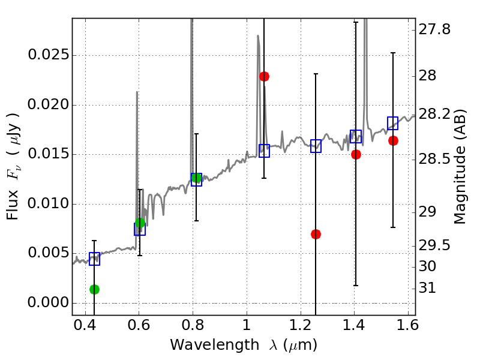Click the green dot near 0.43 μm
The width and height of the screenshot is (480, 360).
94,289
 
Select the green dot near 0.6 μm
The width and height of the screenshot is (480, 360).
140,223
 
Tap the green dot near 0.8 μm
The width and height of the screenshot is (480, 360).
196,178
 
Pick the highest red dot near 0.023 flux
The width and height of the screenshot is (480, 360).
264,76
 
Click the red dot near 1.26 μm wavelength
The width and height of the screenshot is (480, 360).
316,234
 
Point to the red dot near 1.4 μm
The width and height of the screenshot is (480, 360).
356,154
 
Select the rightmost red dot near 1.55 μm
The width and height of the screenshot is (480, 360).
393,140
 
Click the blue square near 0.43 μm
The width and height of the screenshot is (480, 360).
94,259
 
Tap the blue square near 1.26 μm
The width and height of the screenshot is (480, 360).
316,146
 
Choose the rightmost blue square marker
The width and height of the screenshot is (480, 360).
393,123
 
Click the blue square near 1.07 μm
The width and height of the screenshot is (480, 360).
264,151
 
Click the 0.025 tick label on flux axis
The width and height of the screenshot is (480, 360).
47,56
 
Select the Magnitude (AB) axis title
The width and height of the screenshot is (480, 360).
461,166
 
